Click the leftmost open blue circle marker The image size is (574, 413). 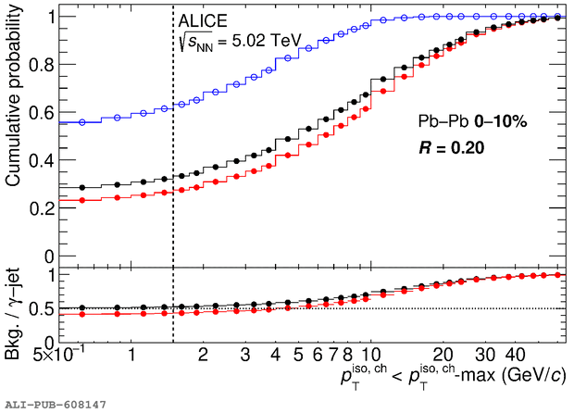pyautogui.click(x=82, y=121)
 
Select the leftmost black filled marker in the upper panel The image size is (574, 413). pyautogui.click(x=82, y=187)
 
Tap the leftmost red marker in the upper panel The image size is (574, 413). pyautogui.click(x=82, y=199)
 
